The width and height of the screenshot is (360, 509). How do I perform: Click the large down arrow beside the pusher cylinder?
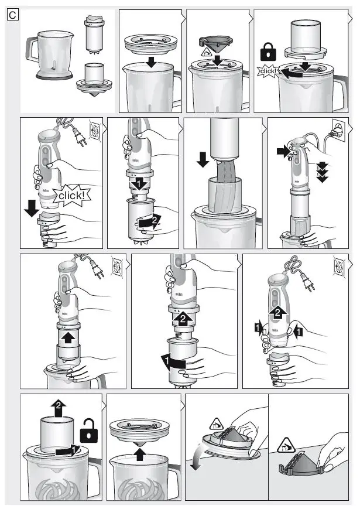(202, 159)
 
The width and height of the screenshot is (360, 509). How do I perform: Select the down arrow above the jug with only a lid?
(152, 62)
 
